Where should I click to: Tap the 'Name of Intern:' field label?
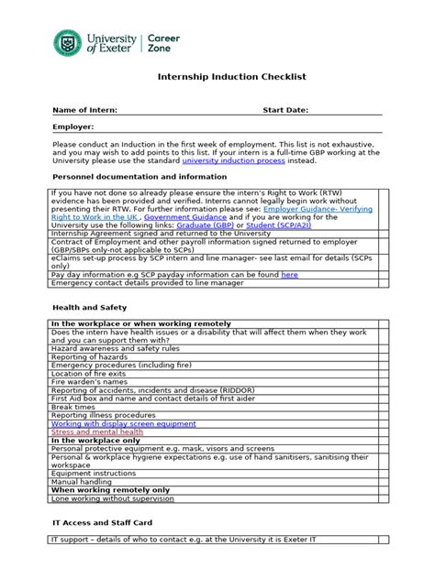(85, 110)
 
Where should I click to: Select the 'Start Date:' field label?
(286, 110)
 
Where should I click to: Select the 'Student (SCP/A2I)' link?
(272, 225)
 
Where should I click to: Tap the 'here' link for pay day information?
(289, 274)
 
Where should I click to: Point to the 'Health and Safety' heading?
(90, 308)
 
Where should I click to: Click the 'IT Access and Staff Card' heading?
(100, 522)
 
